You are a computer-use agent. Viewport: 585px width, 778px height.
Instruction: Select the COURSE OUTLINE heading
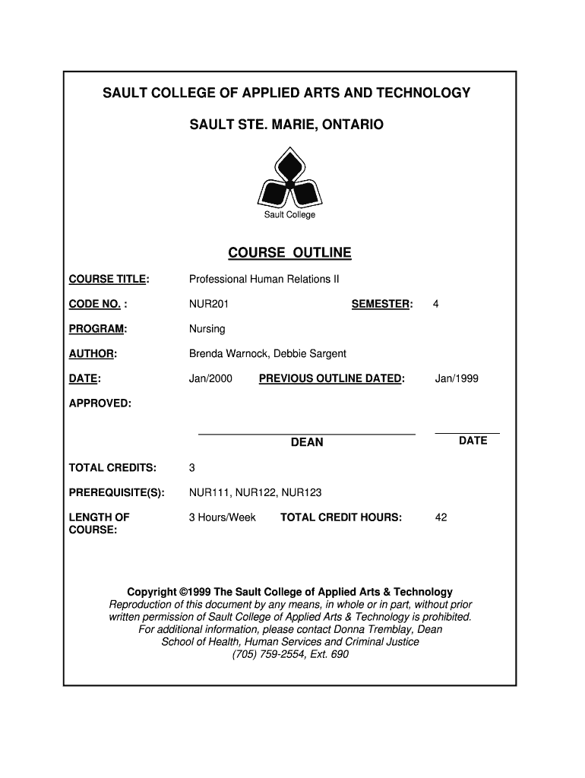[x=289, y=253]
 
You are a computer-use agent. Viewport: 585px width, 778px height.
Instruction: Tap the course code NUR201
[x=209, y=305]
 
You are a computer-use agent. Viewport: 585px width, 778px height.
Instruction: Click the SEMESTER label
[x=381, y=305]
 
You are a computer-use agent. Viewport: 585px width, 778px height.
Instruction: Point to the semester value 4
[x=436, y=305]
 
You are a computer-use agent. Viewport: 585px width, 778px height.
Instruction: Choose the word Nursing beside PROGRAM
[x=207, y=330]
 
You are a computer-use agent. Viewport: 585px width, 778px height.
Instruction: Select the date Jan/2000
[x=210, y=378]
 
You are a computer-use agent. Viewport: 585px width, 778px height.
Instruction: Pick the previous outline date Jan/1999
[x=457, y=378]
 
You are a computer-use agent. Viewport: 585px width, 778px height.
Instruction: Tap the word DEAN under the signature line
[x=307, y=442]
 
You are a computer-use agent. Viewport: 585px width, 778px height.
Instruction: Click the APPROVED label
[x=100, y=403]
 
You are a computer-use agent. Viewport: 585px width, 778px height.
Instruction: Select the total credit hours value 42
[x=441, y=517]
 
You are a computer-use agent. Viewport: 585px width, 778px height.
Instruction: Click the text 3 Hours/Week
[x=223, y=517]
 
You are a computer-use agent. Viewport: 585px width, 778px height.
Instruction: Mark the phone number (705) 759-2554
[x=267, y=653]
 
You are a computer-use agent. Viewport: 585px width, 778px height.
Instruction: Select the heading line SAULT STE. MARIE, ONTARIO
[x=287, y=123]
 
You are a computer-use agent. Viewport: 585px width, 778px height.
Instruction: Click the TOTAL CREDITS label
[x=113, y=467]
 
